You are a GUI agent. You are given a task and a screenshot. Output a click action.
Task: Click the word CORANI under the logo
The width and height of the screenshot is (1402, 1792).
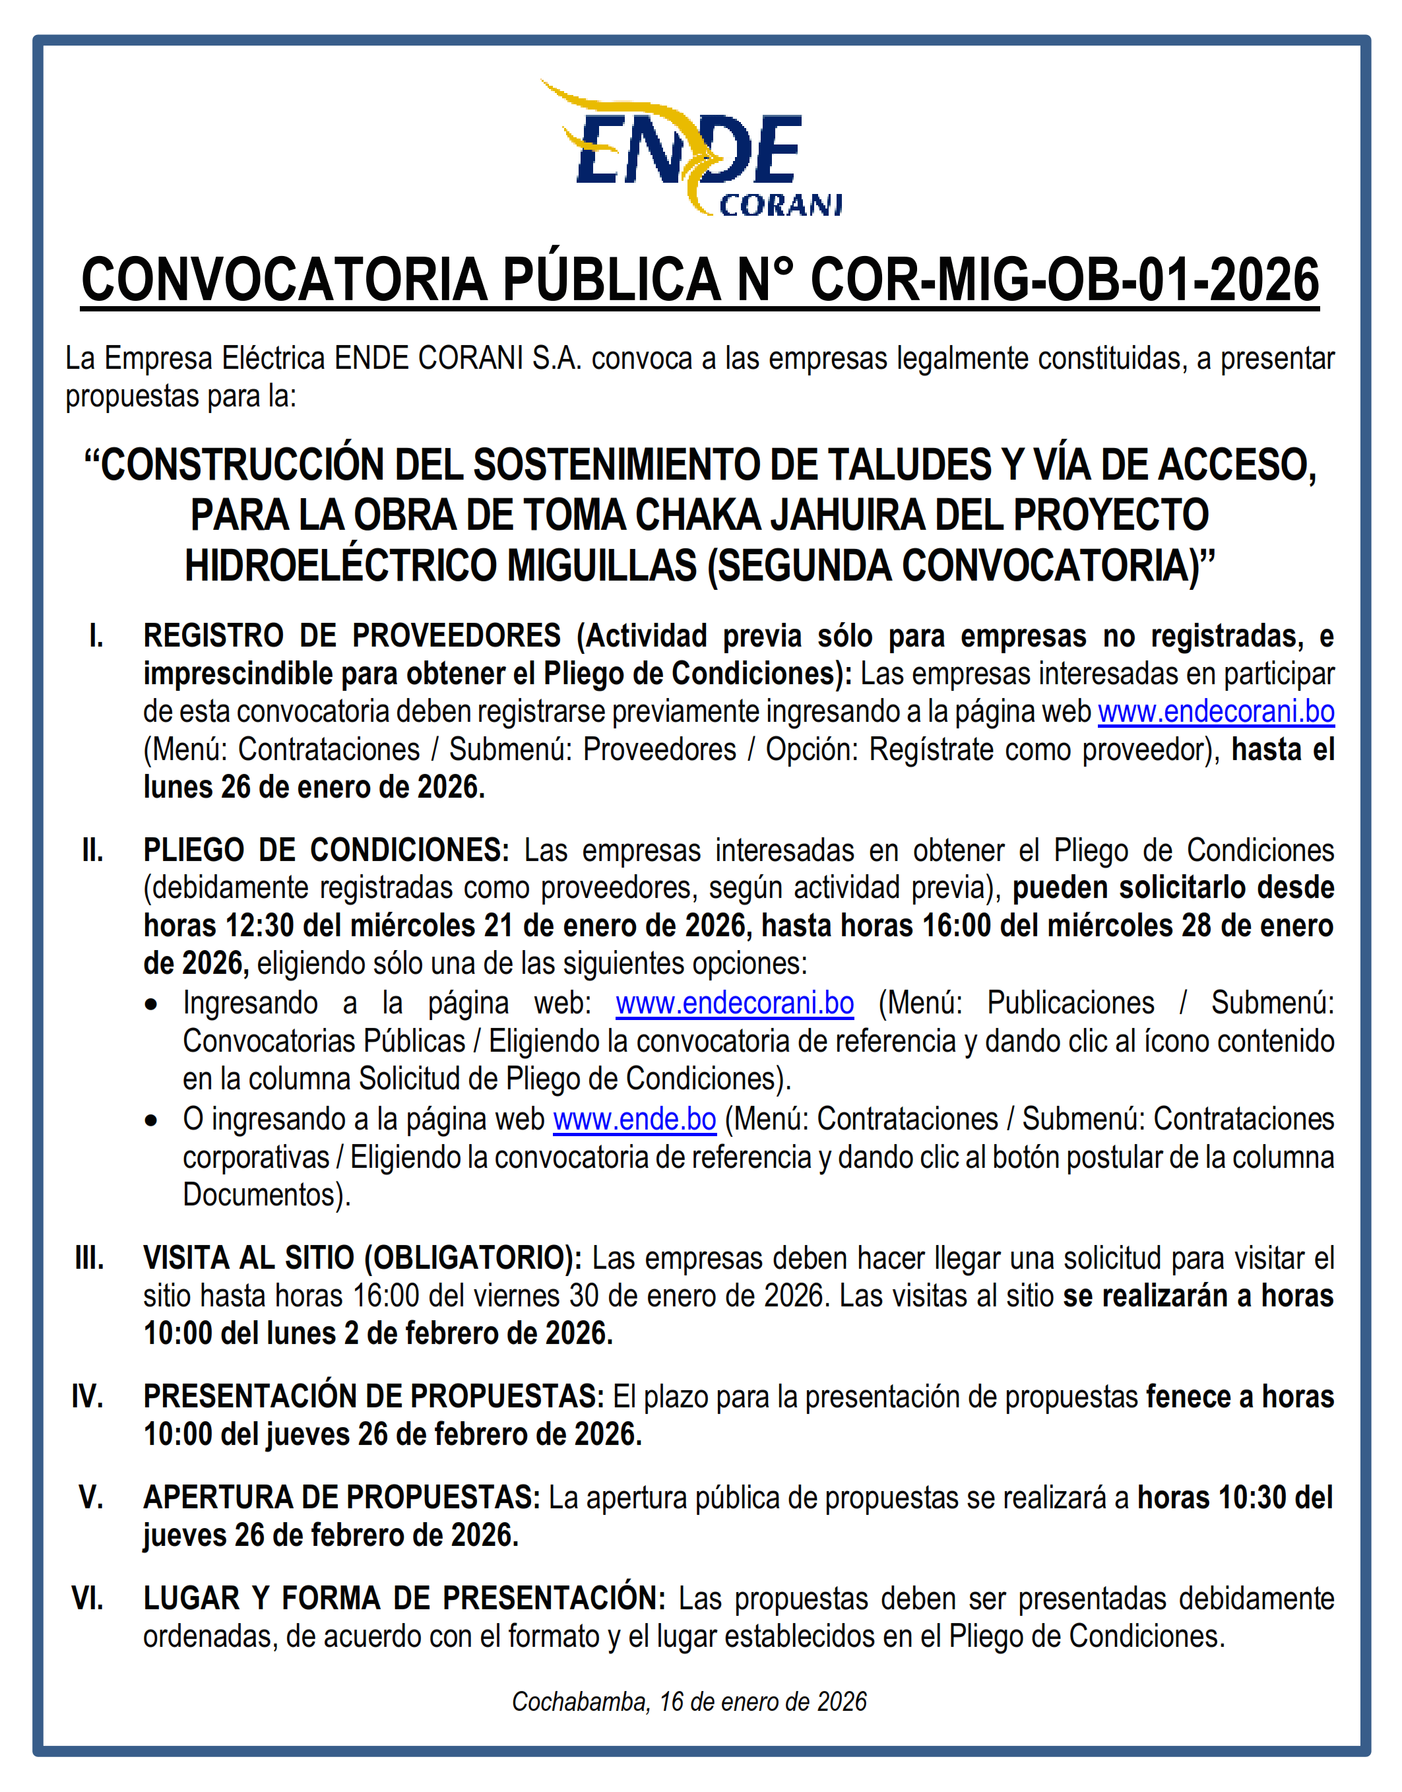[780, 205]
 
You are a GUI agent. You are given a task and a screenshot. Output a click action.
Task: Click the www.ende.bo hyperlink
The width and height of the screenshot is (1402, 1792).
[635, 1119]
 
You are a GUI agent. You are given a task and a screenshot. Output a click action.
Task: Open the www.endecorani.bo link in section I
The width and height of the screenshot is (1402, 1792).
[1216, 712]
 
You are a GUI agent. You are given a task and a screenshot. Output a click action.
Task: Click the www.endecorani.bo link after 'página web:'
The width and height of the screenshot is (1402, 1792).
[735, 1003]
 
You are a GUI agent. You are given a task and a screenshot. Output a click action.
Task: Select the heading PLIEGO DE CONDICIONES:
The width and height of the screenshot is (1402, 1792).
[326, 850]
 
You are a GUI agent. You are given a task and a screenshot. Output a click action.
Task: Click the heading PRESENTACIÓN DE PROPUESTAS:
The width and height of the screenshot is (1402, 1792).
[373, 1396]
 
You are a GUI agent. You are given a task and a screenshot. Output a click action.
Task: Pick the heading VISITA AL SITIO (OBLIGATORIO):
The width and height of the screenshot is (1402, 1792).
[362, 1258]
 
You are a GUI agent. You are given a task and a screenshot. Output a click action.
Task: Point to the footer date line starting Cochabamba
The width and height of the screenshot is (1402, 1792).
[689, 1702]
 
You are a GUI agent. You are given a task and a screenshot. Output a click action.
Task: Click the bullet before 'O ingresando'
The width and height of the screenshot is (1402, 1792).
[151, 1120]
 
